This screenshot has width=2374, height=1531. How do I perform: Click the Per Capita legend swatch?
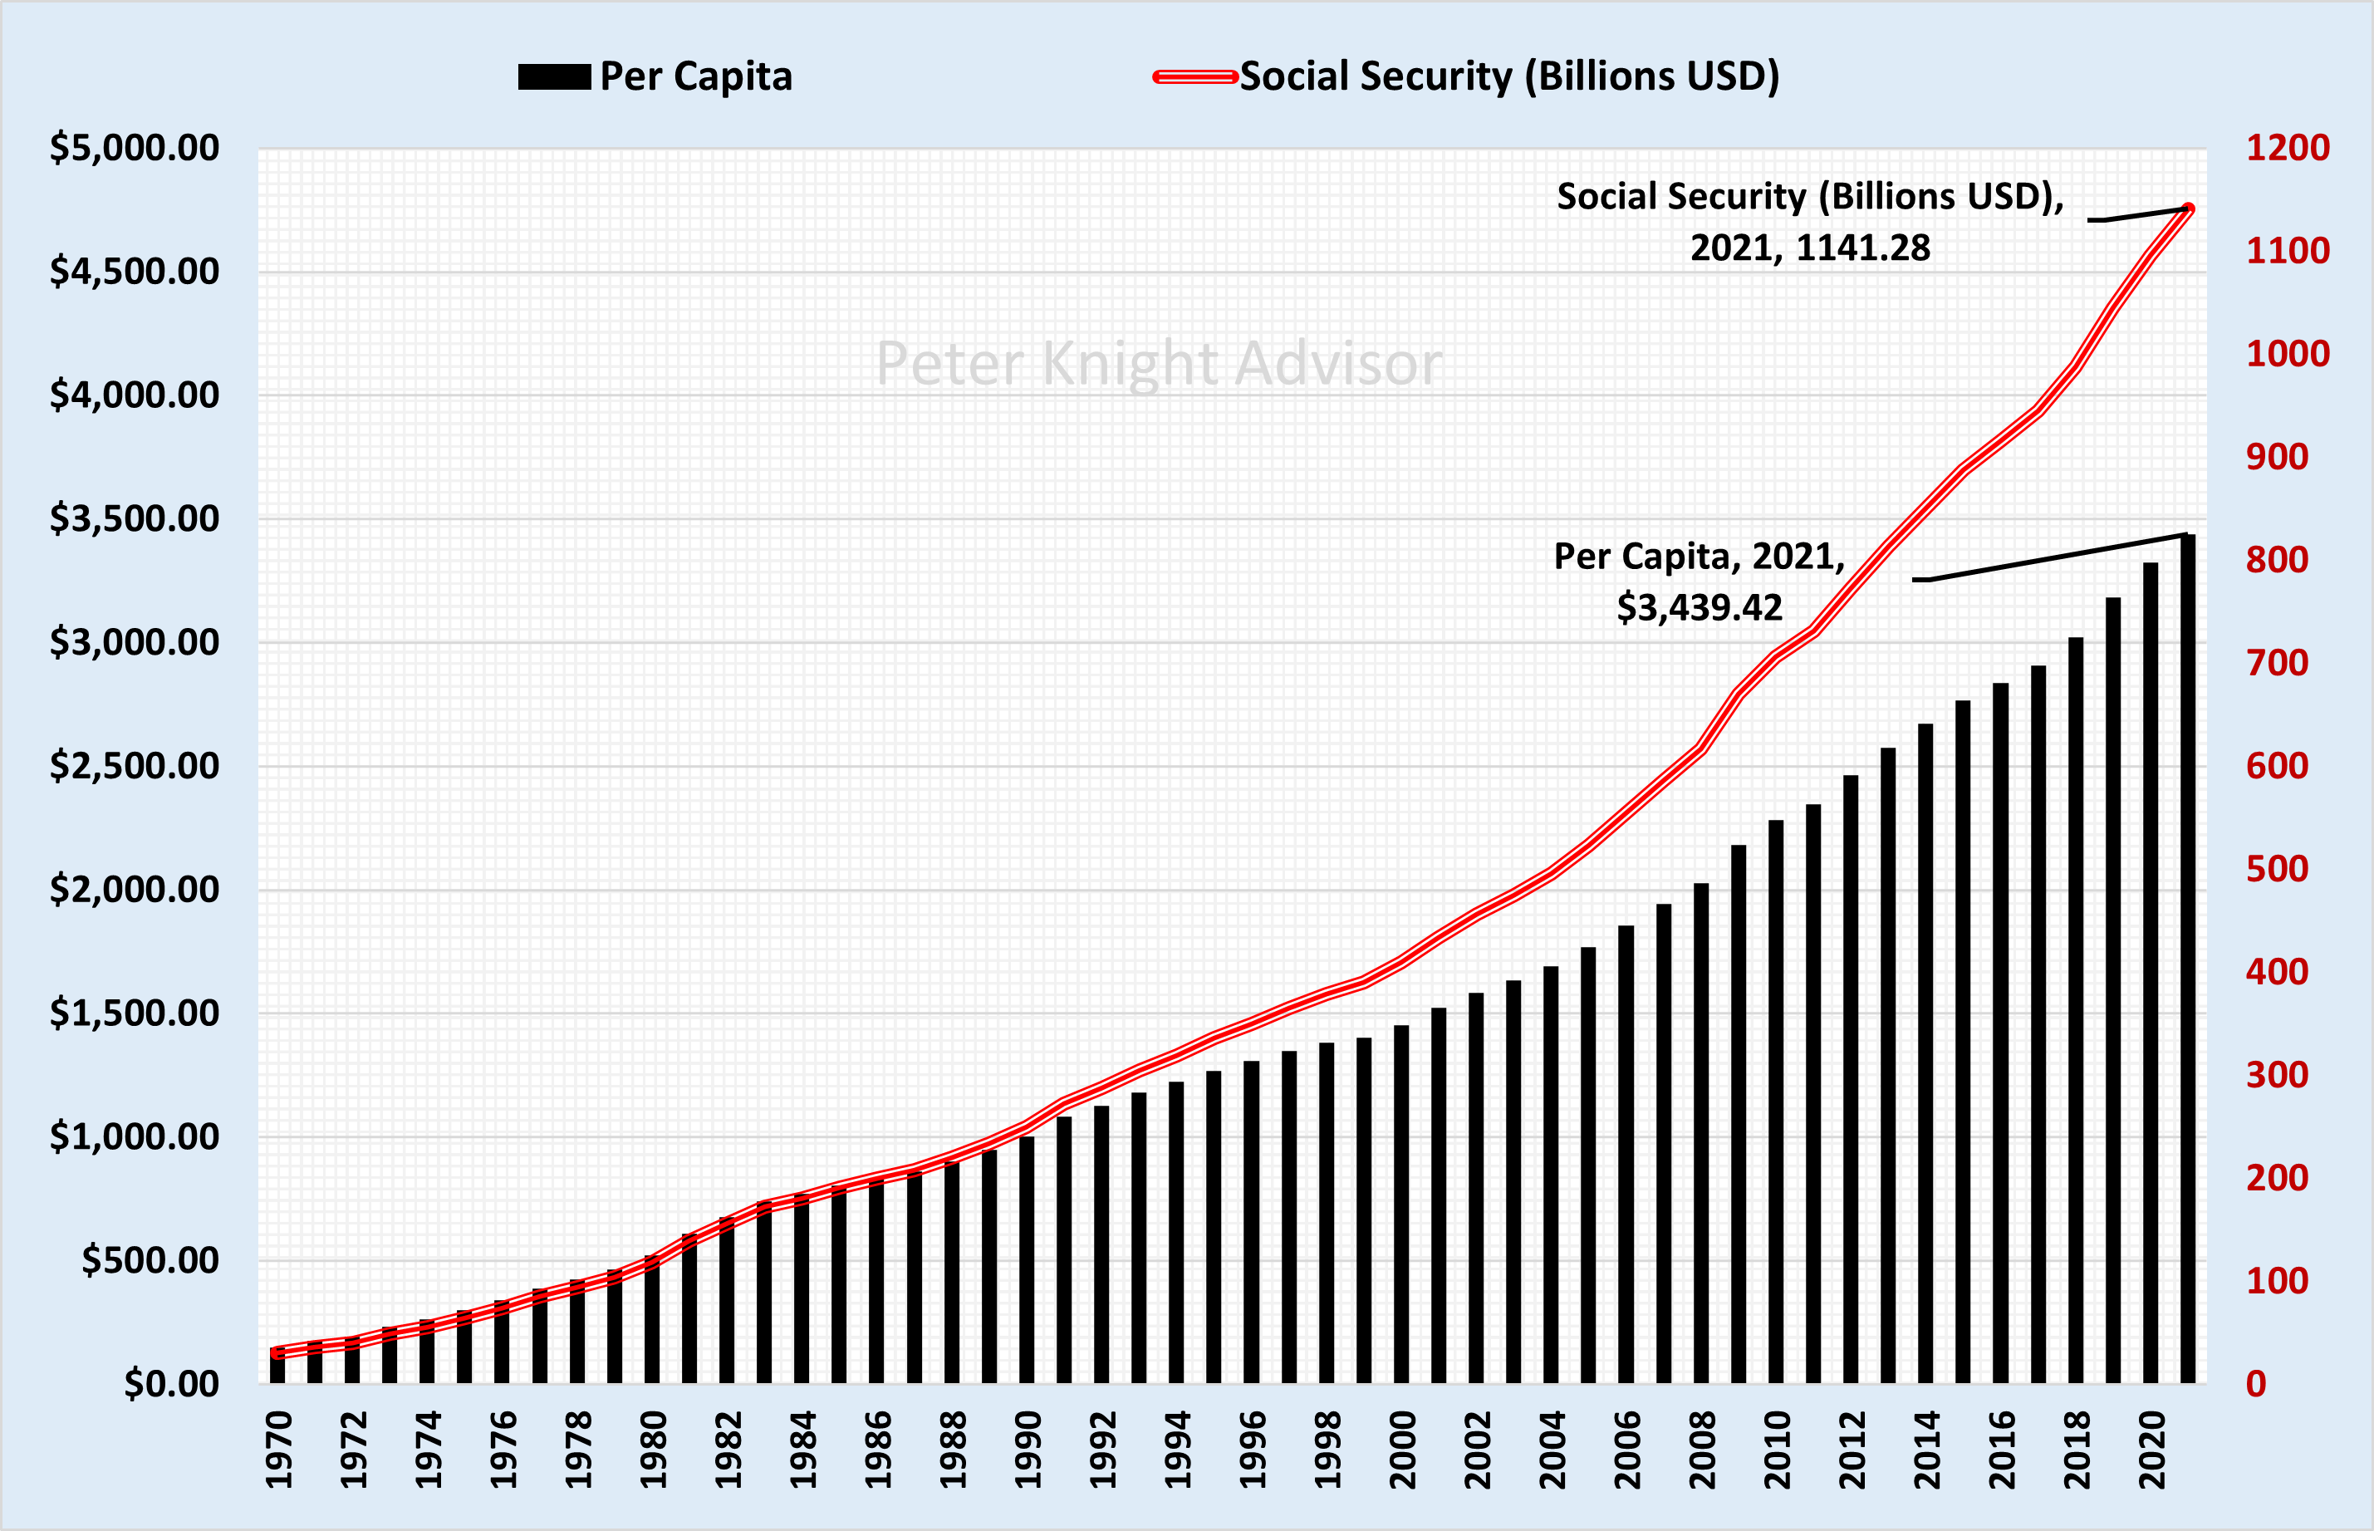(554, 76)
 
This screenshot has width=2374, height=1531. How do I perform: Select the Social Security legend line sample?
(1195, 76)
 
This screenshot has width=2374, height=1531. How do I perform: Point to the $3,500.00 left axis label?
(135, 518)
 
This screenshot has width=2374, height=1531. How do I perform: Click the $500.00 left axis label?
(150, 1259)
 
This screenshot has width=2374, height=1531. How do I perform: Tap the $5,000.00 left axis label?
(135, 147)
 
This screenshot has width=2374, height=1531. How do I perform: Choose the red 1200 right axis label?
(2288, 147)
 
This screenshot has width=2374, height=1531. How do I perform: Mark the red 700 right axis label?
(2278, 662)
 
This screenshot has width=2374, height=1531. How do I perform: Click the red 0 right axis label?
(2256, 1383)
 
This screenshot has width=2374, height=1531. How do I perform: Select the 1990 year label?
(1028, 1450)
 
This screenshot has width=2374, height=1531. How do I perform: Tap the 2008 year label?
(1702, 1450)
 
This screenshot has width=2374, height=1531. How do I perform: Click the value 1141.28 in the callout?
(1863, 248)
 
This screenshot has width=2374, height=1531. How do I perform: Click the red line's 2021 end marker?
(2188, 209)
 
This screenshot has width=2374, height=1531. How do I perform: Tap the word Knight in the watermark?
(1131, 364)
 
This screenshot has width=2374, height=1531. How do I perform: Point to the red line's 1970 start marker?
(277, 1352)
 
